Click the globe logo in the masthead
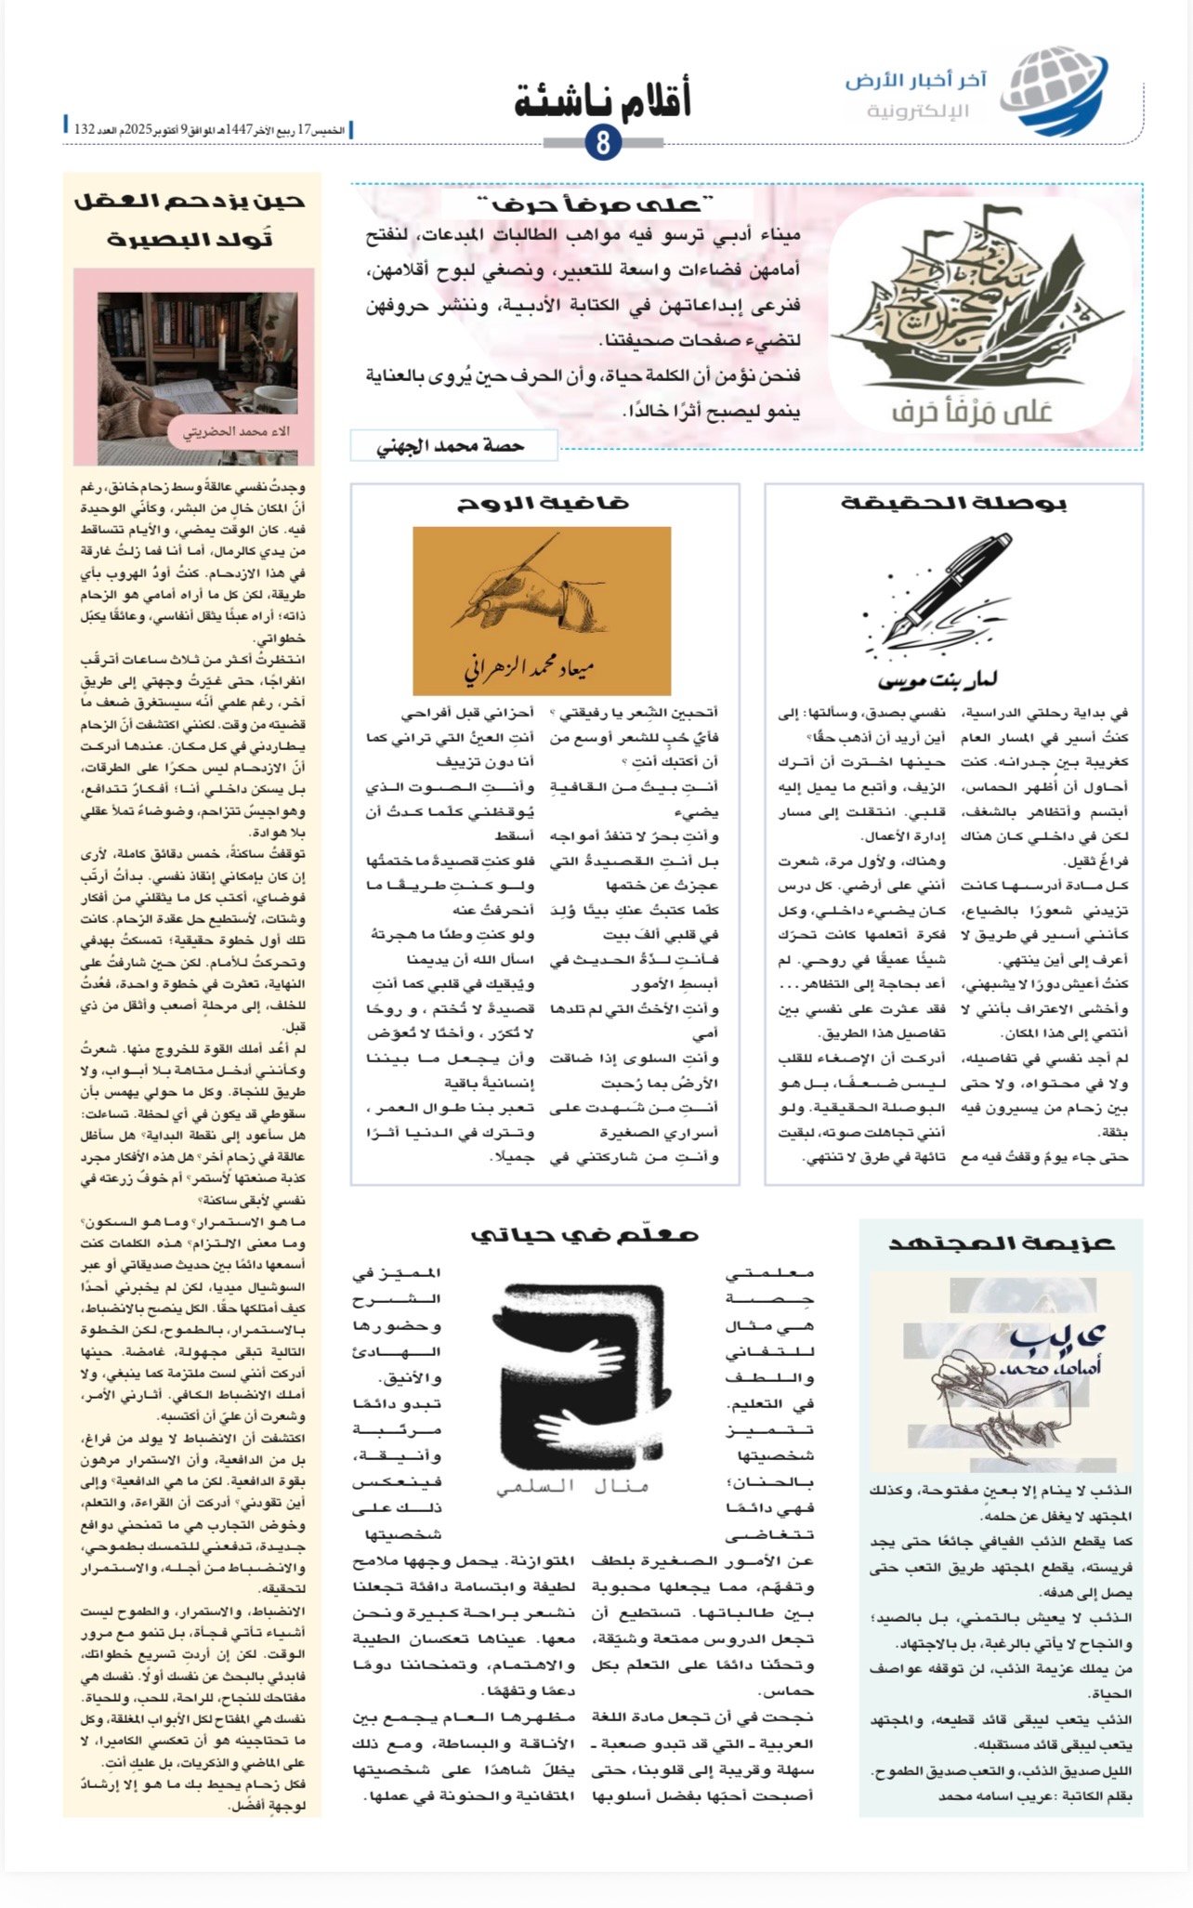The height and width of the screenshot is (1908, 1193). [x=1057, y=92]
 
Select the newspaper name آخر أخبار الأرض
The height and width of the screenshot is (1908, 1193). [x=915, y=82]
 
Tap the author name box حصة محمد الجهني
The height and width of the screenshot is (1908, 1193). [x=453, y=446]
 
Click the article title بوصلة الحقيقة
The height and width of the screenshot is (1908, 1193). [x=953, y=504]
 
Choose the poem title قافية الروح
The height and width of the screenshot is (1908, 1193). [x=544, y=504]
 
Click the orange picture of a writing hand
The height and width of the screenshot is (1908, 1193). [x=542, y=610]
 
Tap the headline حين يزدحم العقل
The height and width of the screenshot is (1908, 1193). [x=190, y=201]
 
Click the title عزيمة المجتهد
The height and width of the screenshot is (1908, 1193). [x=1001, y=1243]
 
